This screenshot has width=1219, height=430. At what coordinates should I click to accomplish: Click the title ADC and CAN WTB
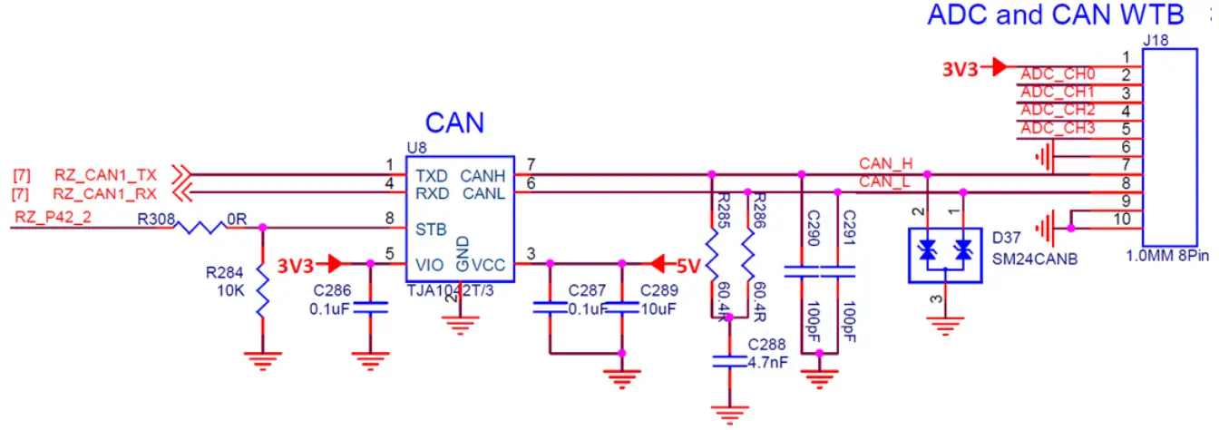click(1055, 15)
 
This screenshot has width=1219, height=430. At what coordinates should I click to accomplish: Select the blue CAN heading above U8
click(454, 122)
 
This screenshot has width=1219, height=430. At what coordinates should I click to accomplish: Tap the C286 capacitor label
click(333, 290)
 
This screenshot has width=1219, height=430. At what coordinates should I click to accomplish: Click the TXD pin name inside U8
click(432, 174)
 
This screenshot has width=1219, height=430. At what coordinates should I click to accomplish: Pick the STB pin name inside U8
click(430, 229)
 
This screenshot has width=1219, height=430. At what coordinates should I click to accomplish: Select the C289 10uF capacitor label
click(658, 290)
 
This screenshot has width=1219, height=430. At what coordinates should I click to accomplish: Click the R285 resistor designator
click(723, 209)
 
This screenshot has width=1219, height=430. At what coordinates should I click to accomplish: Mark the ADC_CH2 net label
click(1058, 110)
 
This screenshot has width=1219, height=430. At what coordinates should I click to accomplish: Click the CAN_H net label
click(885, 163)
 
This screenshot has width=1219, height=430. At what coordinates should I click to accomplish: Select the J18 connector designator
click(1156, 40)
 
